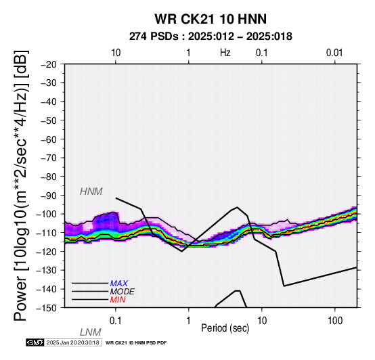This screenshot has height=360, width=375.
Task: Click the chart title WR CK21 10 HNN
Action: [x=211, y=19]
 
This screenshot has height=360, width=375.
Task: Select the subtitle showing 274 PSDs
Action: [x=211, y=37]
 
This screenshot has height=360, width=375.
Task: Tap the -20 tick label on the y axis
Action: [x=49, y=64]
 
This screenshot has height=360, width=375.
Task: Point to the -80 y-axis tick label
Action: [x=49, y=177]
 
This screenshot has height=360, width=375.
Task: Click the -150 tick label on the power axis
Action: [x=47, y=308]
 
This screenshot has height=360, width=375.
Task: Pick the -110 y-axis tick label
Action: [x=47, y=233]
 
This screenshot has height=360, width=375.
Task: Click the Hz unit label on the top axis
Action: [x=225, y=53]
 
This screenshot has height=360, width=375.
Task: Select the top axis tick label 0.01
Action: [x=334, y=53]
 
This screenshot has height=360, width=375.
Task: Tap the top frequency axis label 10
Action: [x=116, y=53]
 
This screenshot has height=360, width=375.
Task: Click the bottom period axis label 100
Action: [x=335, y=321]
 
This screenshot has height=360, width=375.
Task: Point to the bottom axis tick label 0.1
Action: [x=115, y=321]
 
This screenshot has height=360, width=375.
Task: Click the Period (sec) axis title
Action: [x=225, y=328]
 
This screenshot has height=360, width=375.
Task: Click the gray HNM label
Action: [x=91, y=192]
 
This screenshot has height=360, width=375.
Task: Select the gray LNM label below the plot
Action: [x=91, y=332]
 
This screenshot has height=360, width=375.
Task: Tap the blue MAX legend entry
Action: [x=119, y=284]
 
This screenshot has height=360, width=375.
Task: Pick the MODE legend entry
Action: [x=123, y=292]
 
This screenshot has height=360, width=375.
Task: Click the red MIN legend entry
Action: [x=118, y=300]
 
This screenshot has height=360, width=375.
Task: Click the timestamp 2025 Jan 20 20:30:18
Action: [x=72, y=342]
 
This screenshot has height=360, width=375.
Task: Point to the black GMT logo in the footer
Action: [x=35, y=342]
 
